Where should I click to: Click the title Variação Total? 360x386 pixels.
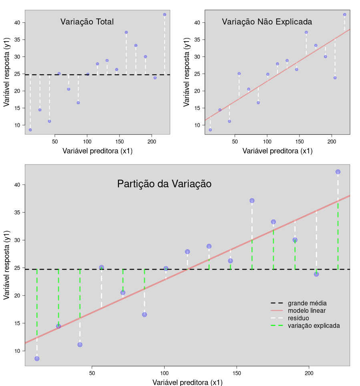[87, 22]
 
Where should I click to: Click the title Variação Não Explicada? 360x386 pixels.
[267, 22]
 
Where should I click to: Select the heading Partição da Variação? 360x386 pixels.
[164, 184]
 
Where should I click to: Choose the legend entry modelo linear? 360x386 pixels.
[307, 311]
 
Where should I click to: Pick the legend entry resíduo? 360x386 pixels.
[298, 318]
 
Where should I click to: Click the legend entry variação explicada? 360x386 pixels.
[314, 326]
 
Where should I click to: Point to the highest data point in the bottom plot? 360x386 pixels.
[338, 172]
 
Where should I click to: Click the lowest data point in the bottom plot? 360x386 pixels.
[37, 358]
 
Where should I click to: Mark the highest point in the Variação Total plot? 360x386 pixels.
[165, 14]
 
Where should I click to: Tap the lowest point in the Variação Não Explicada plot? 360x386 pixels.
[210, 130]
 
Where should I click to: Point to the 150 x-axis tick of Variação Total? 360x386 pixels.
[119, 142]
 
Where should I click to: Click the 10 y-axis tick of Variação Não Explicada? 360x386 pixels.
[197, 125]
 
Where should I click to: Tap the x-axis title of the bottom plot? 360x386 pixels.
[187, 382]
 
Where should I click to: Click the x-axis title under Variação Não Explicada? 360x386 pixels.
[278, 151]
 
